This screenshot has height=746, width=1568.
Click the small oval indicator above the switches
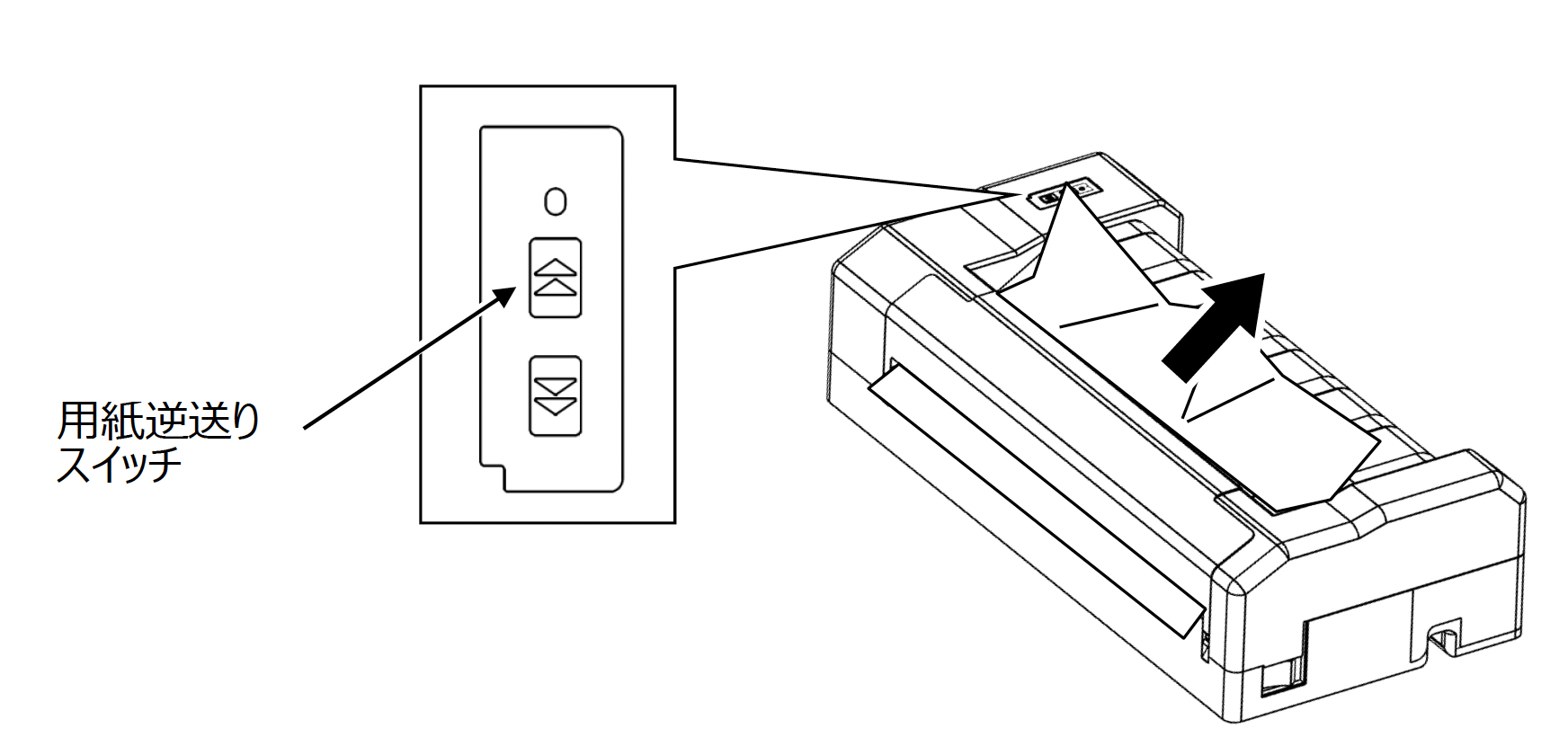click(x=556, y=201)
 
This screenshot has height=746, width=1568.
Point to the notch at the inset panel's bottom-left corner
click(x=493, y=476)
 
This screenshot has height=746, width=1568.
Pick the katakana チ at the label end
click(x=165, y=466)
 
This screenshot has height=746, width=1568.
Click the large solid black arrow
click(x=1215, y=323)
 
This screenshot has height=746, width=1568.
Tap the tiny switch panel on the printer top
click(x=1064, y=192)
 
